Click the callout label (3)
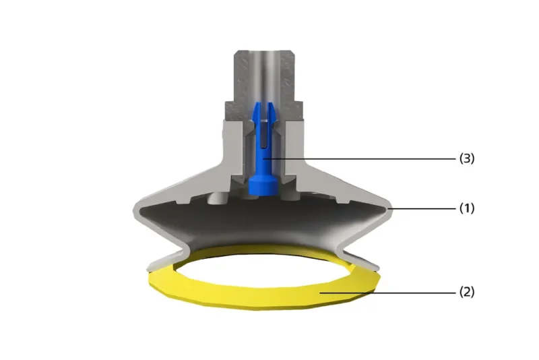pyautogui.click(x=467, y=158)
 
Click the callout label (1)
pyautogui.click(x=467, y=208)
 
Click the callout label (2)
pyautogui.click(x=467, y=293)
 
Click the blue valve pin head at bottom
pyautogui.click(x=263, y=185)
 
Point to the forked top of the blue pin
pyautogui.click(x=263, y=112)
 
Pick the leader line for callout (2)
pyautogui.click(x=388, y=293)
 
